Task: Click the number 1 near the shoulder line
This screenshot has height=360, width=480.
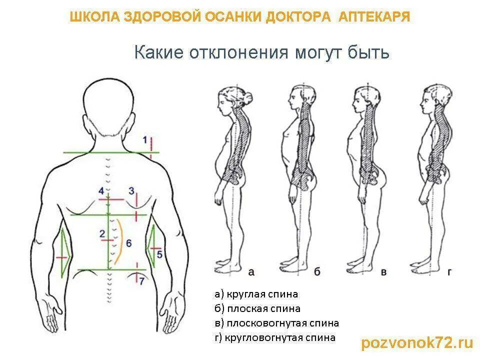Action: pyautogui.click(x=144, y=140)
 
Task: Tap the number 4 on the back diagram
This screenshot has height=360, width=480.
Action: pyautogui.click(x=101, y=191)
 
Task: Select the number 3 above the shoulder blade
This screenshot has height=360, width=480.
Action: pyautogui.click(x=131, y=190)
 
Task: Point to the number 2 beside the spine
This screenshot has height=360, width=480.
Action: pyautogui.click(x=102, y=233)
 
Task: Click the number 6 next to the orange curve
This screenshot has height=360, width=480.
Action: pyautogui.click(x=128, y=243)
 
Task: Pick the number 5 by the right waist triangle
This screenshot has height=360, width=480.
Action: pyautogui.click(x=159, y=254)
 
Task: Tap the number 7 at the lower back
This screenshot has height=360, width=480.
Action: pyautogui.click(x=142, y=280)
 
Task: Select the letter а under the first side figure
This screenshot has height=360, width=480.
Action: pyautogui.click(x=251, y=272)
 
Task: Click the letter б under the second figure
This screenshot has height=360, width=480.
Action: pyautogui.click(x=317, y=272)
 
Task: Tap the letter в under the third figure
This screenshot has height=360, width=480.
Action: pyautogui.click(x=384, y=272)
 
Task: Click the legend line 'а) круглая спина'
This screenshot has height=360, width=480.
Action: pyautogui.click(x=256, y=294)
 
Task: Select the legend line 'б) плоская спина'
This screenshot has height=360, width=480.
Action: pyautogui.click(x=257, y=308)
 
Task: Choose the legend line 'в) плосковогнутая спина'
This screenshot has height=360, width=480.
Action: pyautogui.click(x=276, y=323)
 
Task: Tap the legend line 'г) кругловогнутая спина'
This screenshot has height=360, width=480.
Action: pyautogui.click(x=275, y=337)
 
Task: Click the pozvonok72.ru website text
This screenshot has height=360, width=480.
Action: pyautogui.click(x=416, y=342)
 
